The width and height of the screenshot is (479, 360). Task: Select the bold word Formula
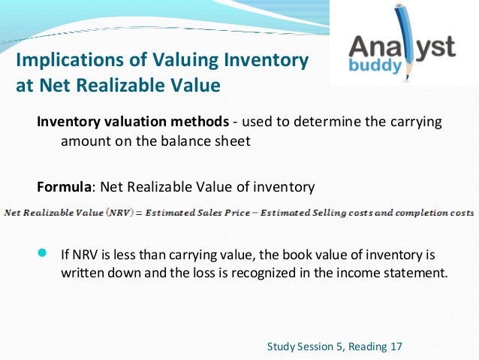click(65, 186)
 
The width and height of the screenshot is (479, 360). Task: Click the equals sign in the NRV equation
click(137, 213)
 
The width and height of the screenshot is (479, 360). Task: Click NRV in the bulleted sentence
click(85, 253)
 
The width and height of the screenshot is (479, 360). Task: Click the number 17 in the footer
click(397, 346)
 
